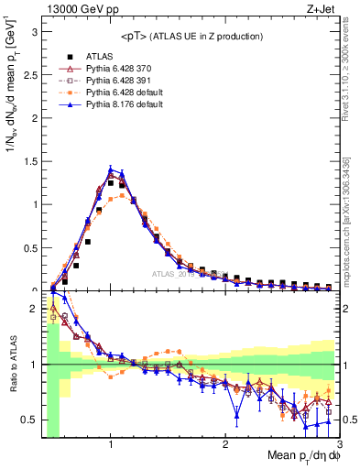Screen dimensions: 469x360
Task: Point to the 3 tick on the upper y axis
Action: click(x=34, y=31)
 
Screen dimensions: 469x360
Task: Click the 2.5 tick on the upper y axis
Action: click(x=30, y=74)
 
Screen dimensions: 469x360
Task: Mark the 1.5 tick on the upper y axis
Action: click(x=30, y=161)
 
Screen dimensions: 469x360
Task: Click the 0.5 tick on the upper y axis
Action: click(x=30, y=247)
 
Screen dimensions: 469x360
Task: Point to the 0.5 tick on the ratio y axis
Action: click(x=30, y=420)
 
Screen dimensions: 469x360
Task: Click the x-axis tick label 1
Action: click(x=110, y=444)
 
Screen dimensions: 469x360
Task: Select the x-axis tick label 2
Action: click(x=225, y=444)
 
